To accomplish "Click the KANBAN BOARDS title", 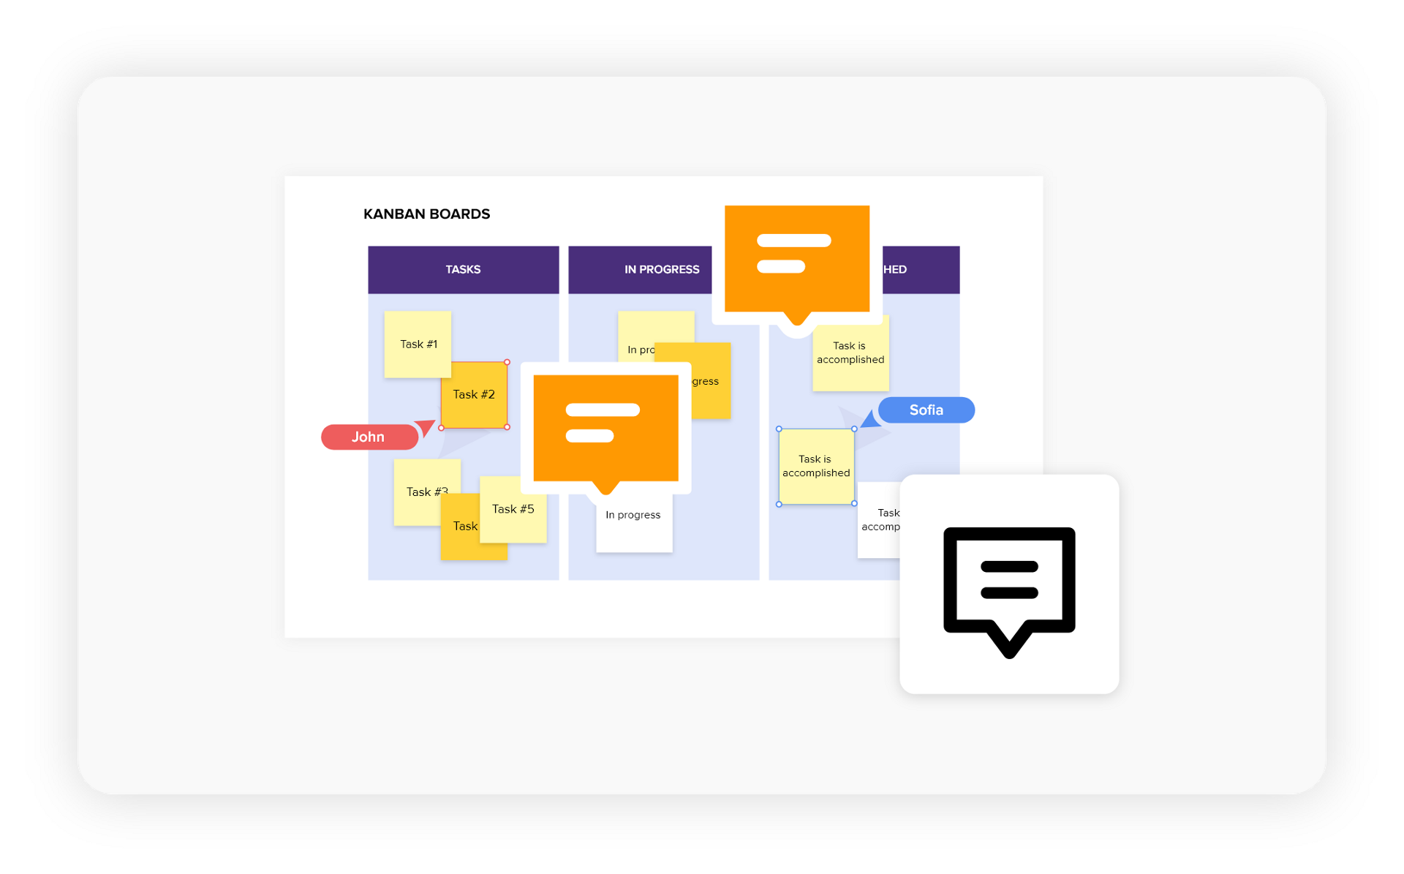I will coord(426,214).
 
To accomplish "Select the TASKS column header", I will coord(463,270).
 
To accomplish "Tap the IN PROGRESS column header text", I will coord(662,270).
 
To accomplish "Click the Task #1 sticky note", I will coord(418,344).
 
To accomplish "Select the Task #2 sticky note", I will coord(474,395).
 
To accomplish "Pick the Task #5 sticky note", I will coord(513,510).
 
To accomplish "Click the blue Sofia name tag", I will coord(926,410).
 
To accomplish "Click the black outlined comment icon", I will coord(1009,585).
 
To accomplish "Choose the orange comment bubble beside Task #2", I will coord(605,428).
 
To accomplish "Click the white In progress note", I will coord(634,527).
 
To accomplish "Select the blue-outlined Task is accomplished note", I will coord(816,467).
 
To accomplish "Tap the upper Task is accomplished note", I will coord(850,353).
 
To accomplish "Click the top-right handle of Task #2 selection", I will coord(507,362).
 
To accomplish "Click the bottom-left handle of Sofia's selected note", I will coord(779,504).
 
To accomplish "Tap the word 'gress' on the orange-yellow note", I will coord(706,382).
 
